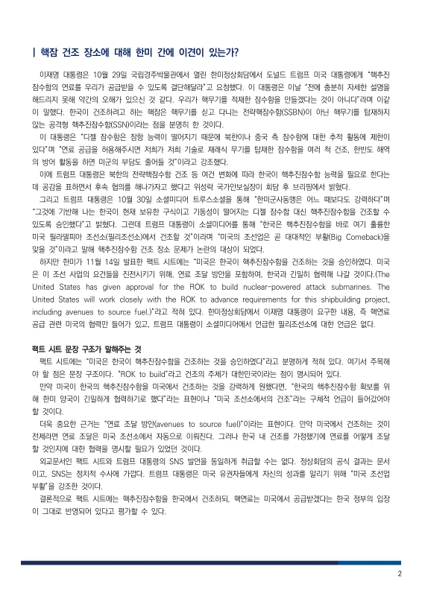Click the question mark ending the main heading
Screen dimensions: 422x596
(x=236, y=52)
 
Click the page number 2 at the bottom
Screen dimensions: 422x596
(x=400, y=574)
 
